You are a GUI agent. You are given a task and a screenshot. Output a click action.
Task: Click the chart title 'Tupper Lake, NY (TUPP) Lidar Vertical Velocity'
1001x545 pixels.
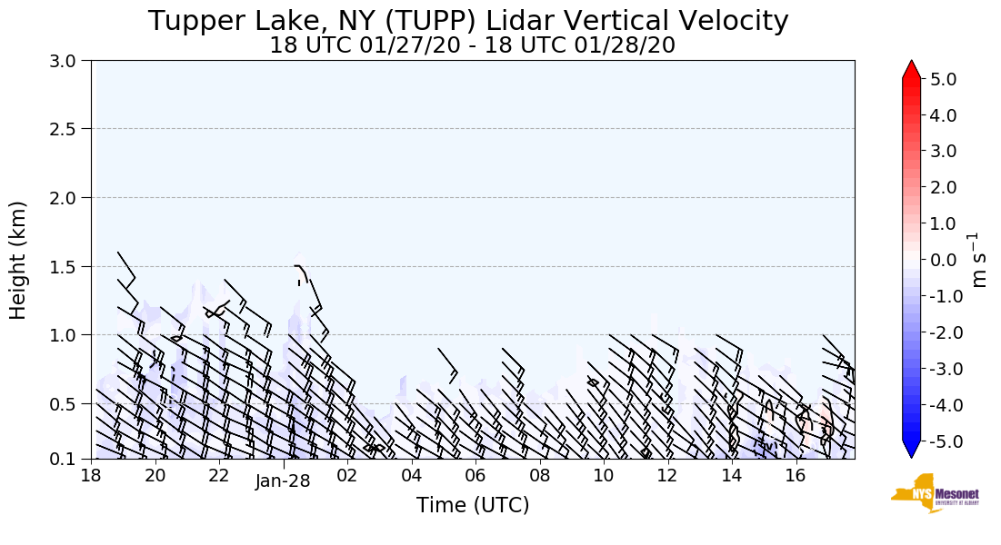click(468, 21)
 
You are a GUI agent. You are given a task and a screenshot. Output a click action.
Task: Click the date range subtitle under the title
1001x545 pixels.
click(472, 45)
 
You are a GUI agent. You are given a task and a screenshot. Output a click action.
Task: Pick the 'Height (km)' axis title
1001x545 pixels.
click(19, 260)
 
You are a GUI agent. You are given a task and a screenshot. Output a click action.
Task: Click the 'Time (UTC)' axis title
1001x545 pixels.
click(472, 505)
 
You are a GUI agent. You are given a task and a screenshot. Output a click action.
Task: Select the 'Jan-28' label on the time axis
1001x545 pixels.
click(283, 481)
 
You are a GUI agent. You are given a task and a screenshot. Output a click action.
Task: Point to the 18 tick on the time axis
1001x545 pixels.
click(91, 476)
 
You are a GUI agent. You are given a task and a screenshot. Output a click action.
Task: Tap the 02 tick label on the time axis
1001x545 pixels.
click(347, 476)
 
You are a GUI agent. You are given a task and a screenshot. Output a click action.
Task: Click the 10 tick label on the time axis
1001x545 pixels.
click(604, 476)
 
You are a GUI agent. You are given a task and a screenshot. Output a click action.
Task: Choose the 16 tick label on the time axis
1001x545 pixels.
click(796, 476)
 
